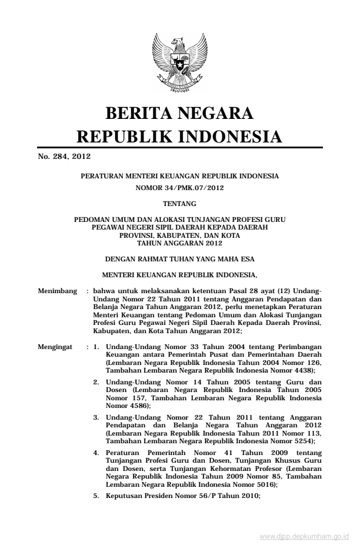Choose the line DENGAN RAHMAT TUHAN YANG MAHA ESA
tap(180, 258)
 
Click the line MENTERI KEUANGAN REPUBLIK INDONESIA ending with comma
tap(180, 274)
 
